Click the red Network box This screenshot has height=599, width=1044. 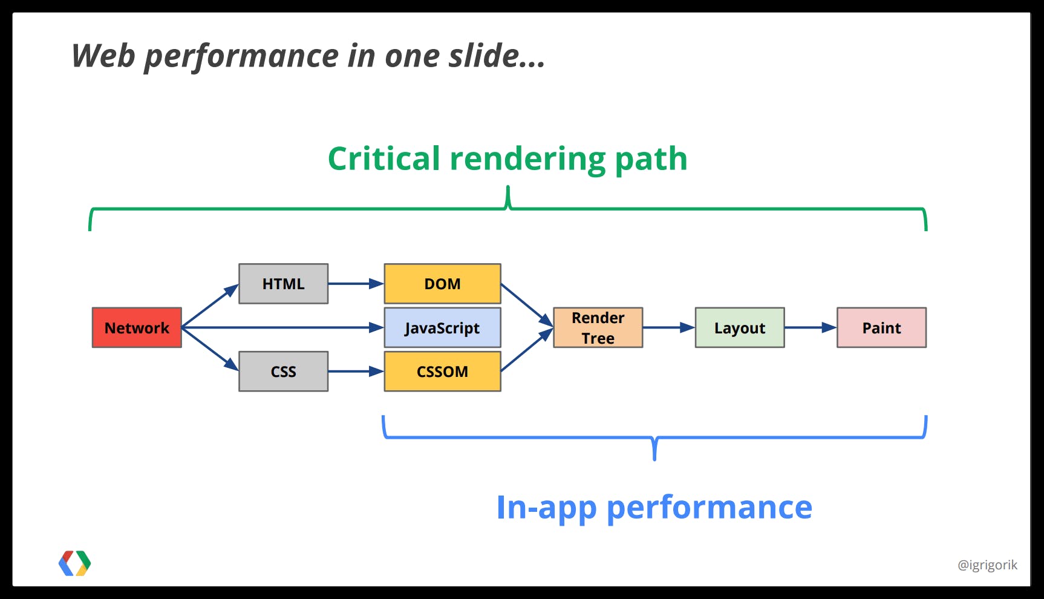pos(137,327)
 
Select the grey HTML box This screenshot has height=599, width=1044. pos(283,284)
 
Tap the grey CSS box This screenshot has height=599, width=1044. pos(283,372)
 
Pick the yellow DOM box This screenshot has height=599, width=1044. pos(442,284)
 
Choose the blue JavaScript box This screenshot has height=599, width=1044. pos(442,327)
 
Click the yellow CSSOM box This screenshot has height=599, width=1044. pos(442,372)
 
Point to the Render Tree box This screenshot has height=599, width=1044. pos(598,327)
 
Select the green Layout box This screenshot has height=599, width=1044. pos(739,327)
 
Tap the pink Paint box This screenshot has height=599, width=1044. pos(881,327)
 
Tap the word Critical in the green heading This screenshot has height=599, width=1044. pos(383,159)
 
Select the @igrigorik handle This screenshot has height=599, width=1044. pos(987,565)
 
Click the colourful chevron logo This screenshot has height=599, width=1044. pos(74,563)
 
